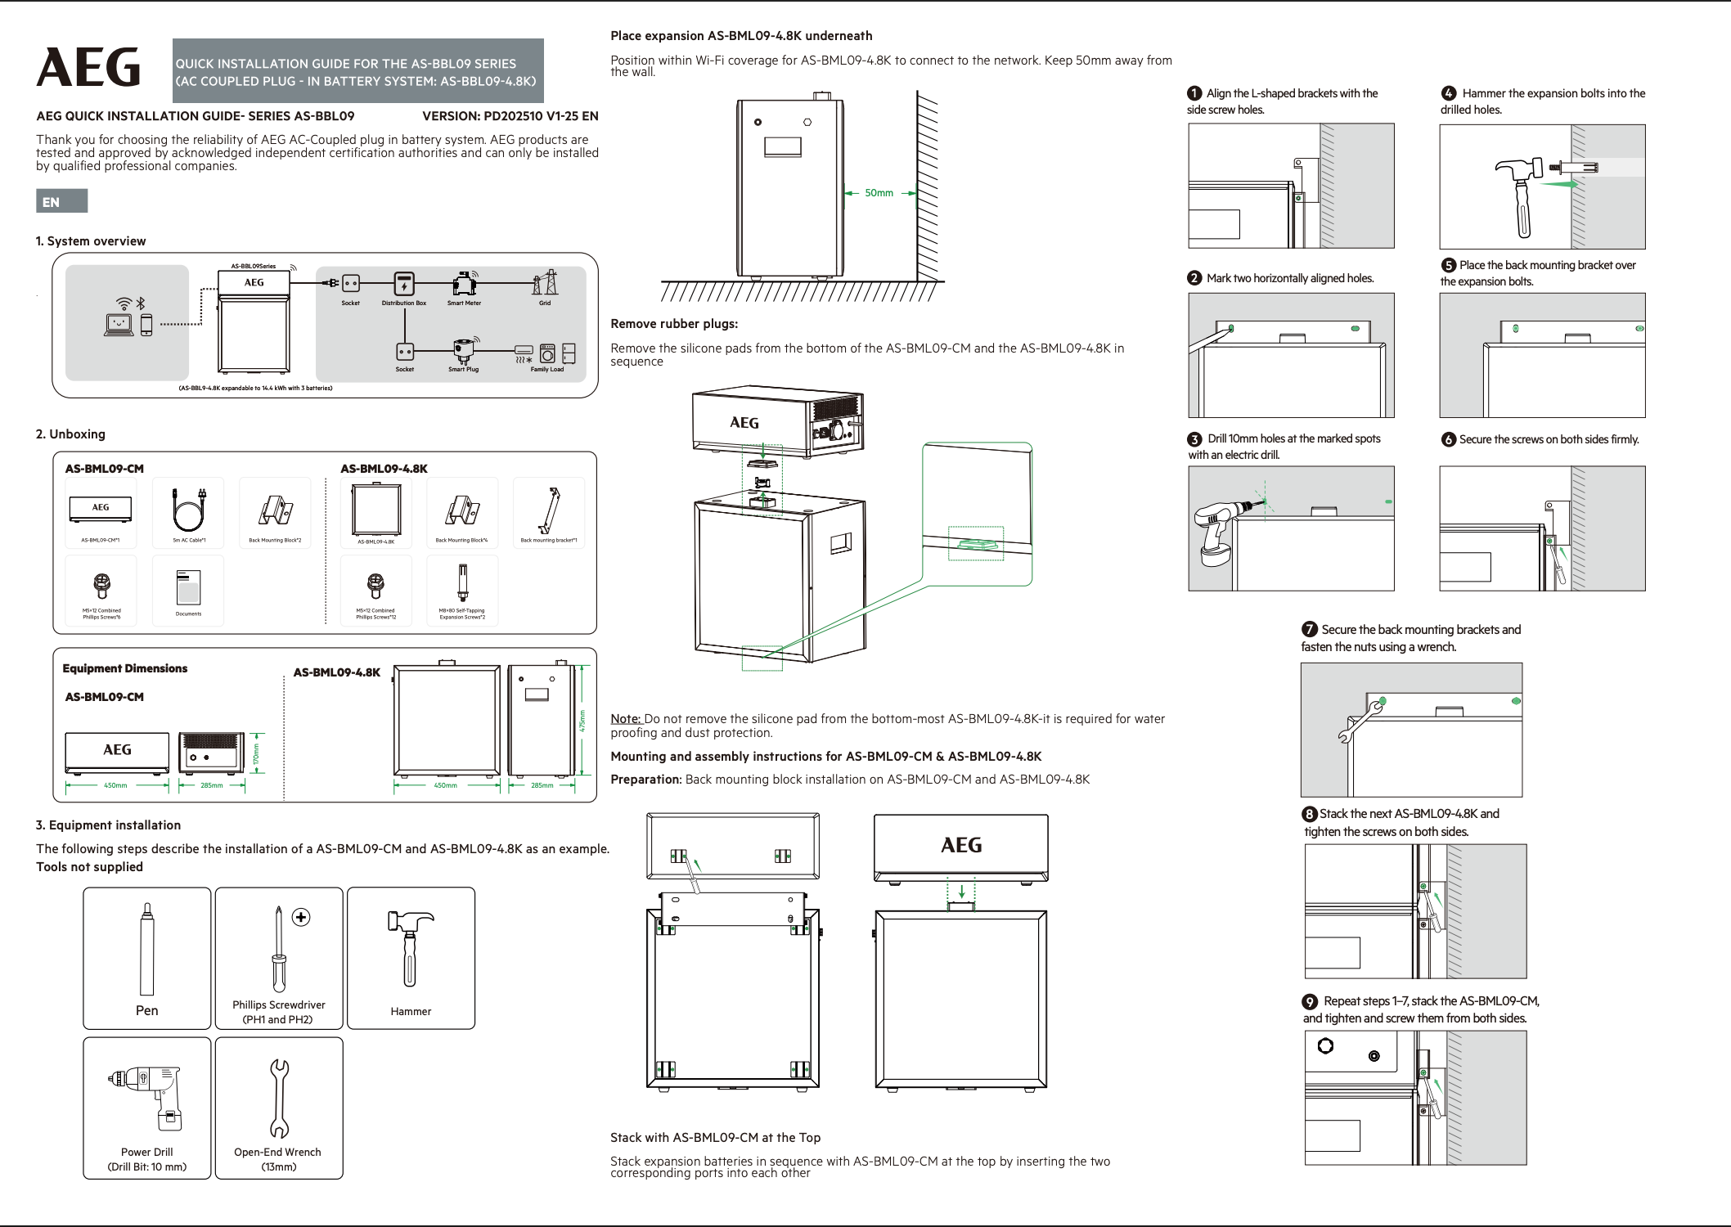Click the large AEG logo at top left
(88, 67)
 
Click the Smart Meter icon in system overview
(465, 284)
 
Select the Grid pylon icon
(545, 283)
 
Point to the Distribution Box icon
(404, 284)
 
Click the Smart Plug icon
(463, 351)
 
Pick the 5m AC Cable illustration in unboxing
(189, 510)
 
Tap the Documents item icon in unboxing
(188, 587)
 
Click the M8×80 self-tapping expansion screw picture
(462, 583)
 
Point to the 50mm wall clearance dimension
(879, 193)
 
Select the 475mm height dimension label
(582, 721)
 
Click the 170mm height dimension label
(256, 753)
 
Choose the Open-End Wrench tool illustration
(279, 1098)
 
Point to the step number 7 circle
(1310, 629)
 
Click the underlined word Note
(626, 719)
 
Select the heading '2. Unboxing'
(70, 434)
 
